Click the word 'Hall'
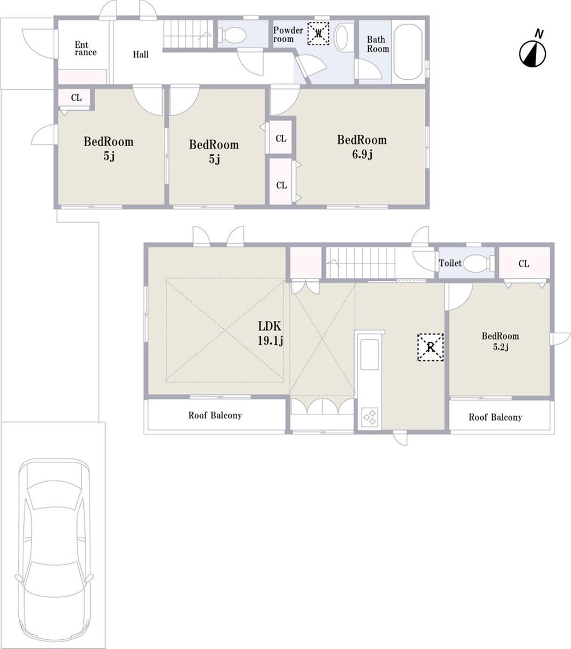(x=140, y=55)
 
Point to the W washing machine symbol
(x=319, y=33)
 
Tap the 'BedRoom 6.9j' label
(x=361, y=146)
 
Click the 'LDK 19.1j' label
(x=271, y=334)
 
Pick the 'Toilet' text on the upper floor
(x=450, y=264)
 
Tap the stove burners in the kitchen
(x=369, y=417)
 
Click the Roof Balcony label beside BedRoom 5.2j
(x=495, y=417)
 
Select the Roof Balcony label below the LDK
(x=215, y=416)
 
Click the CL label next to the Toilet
(x=524, y=264)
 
